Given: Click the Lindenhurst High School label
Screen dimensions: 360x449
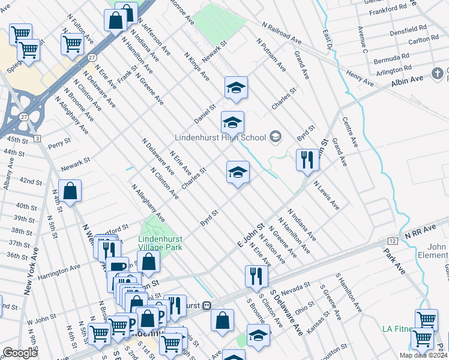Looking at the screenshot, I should coord(220,137).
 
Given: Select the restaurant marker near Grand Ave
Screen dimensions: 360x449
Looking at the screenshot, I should coord(307,160).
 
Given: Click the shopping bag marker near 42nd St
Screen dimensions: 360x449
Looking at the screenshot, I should coord(70,191).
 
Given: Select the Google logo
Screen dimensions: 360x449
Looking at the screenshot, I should coord(20,353).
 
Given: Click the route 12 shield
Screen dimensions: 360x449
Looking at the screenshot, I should coord(392,241).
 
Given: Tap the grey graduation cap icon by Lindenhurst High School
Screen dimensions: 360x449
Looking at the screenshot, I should coord(276,137).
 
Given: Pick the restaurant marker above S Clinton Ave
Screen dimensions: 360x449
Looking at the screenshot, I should coord(256,276).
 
